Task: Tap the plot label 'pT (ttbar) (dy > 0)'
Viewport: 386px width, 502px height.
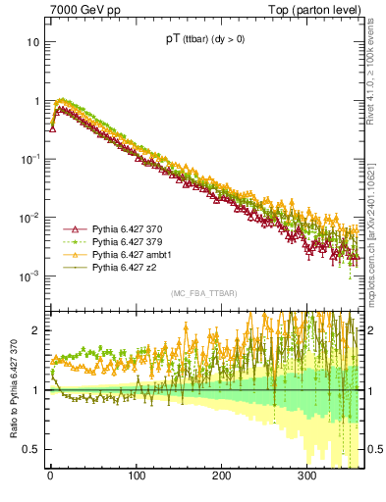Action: click(x=204, y=40)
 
